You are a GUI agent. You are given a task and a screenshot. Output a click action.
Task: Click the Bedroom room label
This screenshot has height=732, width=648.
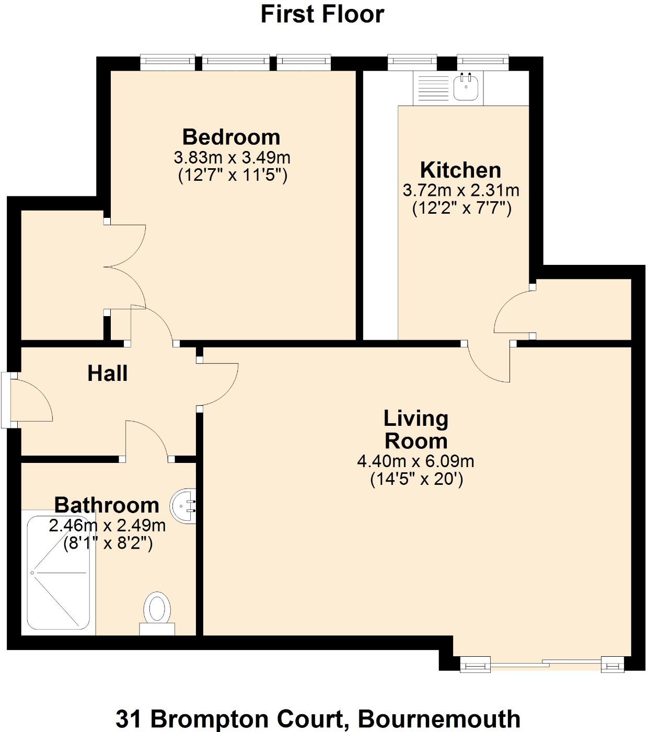click(x=231, y=137)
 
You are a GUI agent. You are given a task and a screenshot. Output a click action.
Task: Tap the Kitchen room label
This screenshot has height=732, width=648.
click(x=460, y=170)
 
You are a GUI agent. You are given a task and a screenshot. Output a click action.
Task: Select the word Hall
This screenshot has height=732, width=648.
click(x=108, y=374)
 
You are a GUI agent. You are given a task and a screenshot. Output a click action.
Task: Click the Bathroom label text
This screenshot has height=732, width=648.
click(x=107, y=505)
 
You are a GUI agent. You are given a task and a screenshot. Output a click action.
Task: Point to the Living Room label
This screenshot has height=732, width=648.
click(x=416, y=429)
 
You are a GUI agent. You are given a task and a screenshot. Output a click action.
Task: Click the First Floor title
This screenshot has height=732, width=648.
click(x=322, y=14)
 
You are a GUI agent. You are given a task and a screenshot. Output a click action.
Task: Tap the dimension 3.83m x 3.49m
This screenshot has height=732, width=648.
click(x=232, y=157)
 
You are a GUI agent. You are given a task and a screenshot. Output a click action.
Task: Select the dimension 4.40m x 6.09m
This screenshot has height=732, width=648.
click(x=415, y=461)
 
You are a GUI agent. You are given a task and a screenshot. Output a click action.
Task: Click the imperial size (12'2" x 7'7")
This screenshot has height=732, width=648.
click(x=461, y=209)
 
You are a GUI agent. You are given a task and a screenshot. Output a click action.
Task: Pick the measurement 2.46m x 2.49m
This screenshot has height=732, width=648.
click(x=107, y=526)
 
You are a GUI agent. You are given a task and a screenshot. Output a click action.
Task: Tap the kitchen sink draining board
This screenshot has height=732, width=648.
click(x=431, y=88)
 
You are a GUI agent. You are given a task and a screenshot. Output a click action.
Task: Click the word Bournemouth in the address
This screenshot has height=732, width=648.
click(x=439, y=719)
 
